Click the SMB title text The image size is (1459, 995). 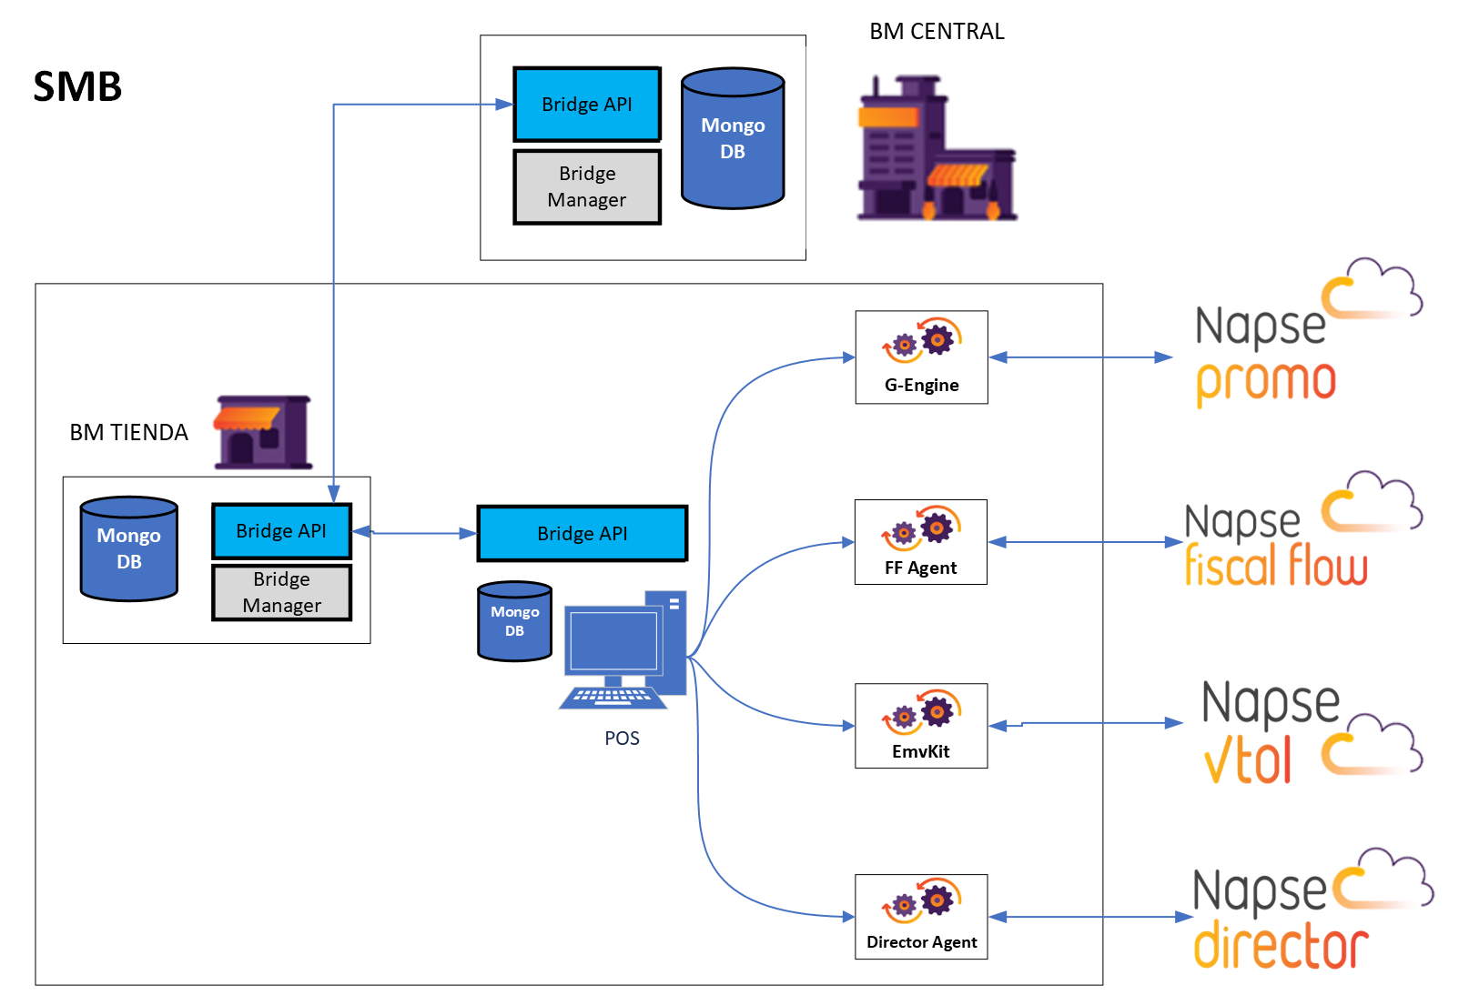point(77,87)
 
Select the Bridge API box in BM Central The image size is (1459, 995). point(587,104)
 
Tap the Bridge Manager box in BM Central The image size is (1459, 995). point(587,186)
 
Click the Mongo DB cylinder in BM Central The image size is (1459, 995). point(733,138)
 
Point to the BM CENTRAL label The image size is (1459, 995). point(937,32)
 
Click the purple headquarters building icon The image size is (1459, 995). point(937,149)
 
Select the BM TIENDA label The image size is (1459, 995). point(128,432)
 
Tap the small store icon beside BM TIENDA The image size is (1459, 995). point(263,432)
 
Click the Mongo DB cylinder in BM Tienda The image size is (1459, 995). point(128,548)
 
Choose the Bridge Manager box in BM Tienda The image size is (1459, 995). point(281,592)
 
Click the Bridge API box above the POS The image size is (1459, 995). point(583,533)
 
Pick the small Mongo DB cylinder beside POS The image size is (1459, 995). point(514,621)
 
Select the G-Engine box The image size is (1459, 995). point(921,357)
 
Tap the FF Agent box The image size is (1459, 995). point(920,542)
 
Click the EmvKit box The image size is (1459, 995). point(920,726)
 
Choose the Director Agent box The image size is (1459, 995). point(921,917)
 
